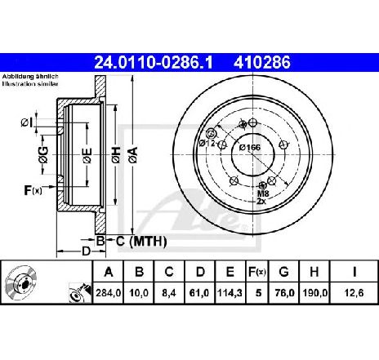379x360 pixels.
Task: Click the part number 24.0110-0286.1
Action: coord(153,62)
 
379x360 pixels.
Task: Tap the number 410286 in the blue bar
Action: coord(262,62)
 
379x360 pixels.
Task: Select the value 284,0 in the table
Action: coord(108,293)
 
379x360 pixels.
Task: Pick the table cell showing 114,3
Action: coord(230,293)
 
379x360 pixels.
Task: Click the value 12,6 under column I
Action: coord(354,293)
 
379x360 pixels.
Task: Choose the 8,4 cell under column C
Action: coord(169,293)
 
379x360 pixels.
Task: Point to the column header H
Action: coord(314,272)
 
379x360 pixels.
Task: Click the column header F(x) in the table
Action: coord(257,272)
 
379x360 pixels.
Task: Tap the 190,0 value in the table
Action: coord(314,293)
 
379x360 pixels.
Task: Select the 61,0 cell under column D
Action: coord(200,293)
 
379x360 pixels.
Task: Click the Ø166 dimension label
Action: coord(250,148)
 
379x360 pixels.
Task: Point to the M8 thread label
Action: coord(263,193)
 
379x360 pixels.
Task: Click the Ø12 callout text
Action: coord(207,143)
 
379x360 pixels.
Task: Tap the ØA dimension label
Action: coord(134,155)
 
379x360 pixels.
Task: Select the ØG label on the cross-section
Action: coord(43,155)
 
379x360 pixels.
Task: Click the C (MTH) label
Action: coord(141,241)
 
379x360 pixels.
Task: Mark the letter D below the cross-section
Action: coord(86,251)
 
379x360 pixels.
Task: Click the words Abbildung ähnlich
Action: coord(30,77)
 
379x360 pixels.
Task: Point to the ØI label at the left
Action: coord(27,122)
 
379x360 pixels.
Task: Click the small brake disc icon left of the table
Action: coord(21,283)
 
